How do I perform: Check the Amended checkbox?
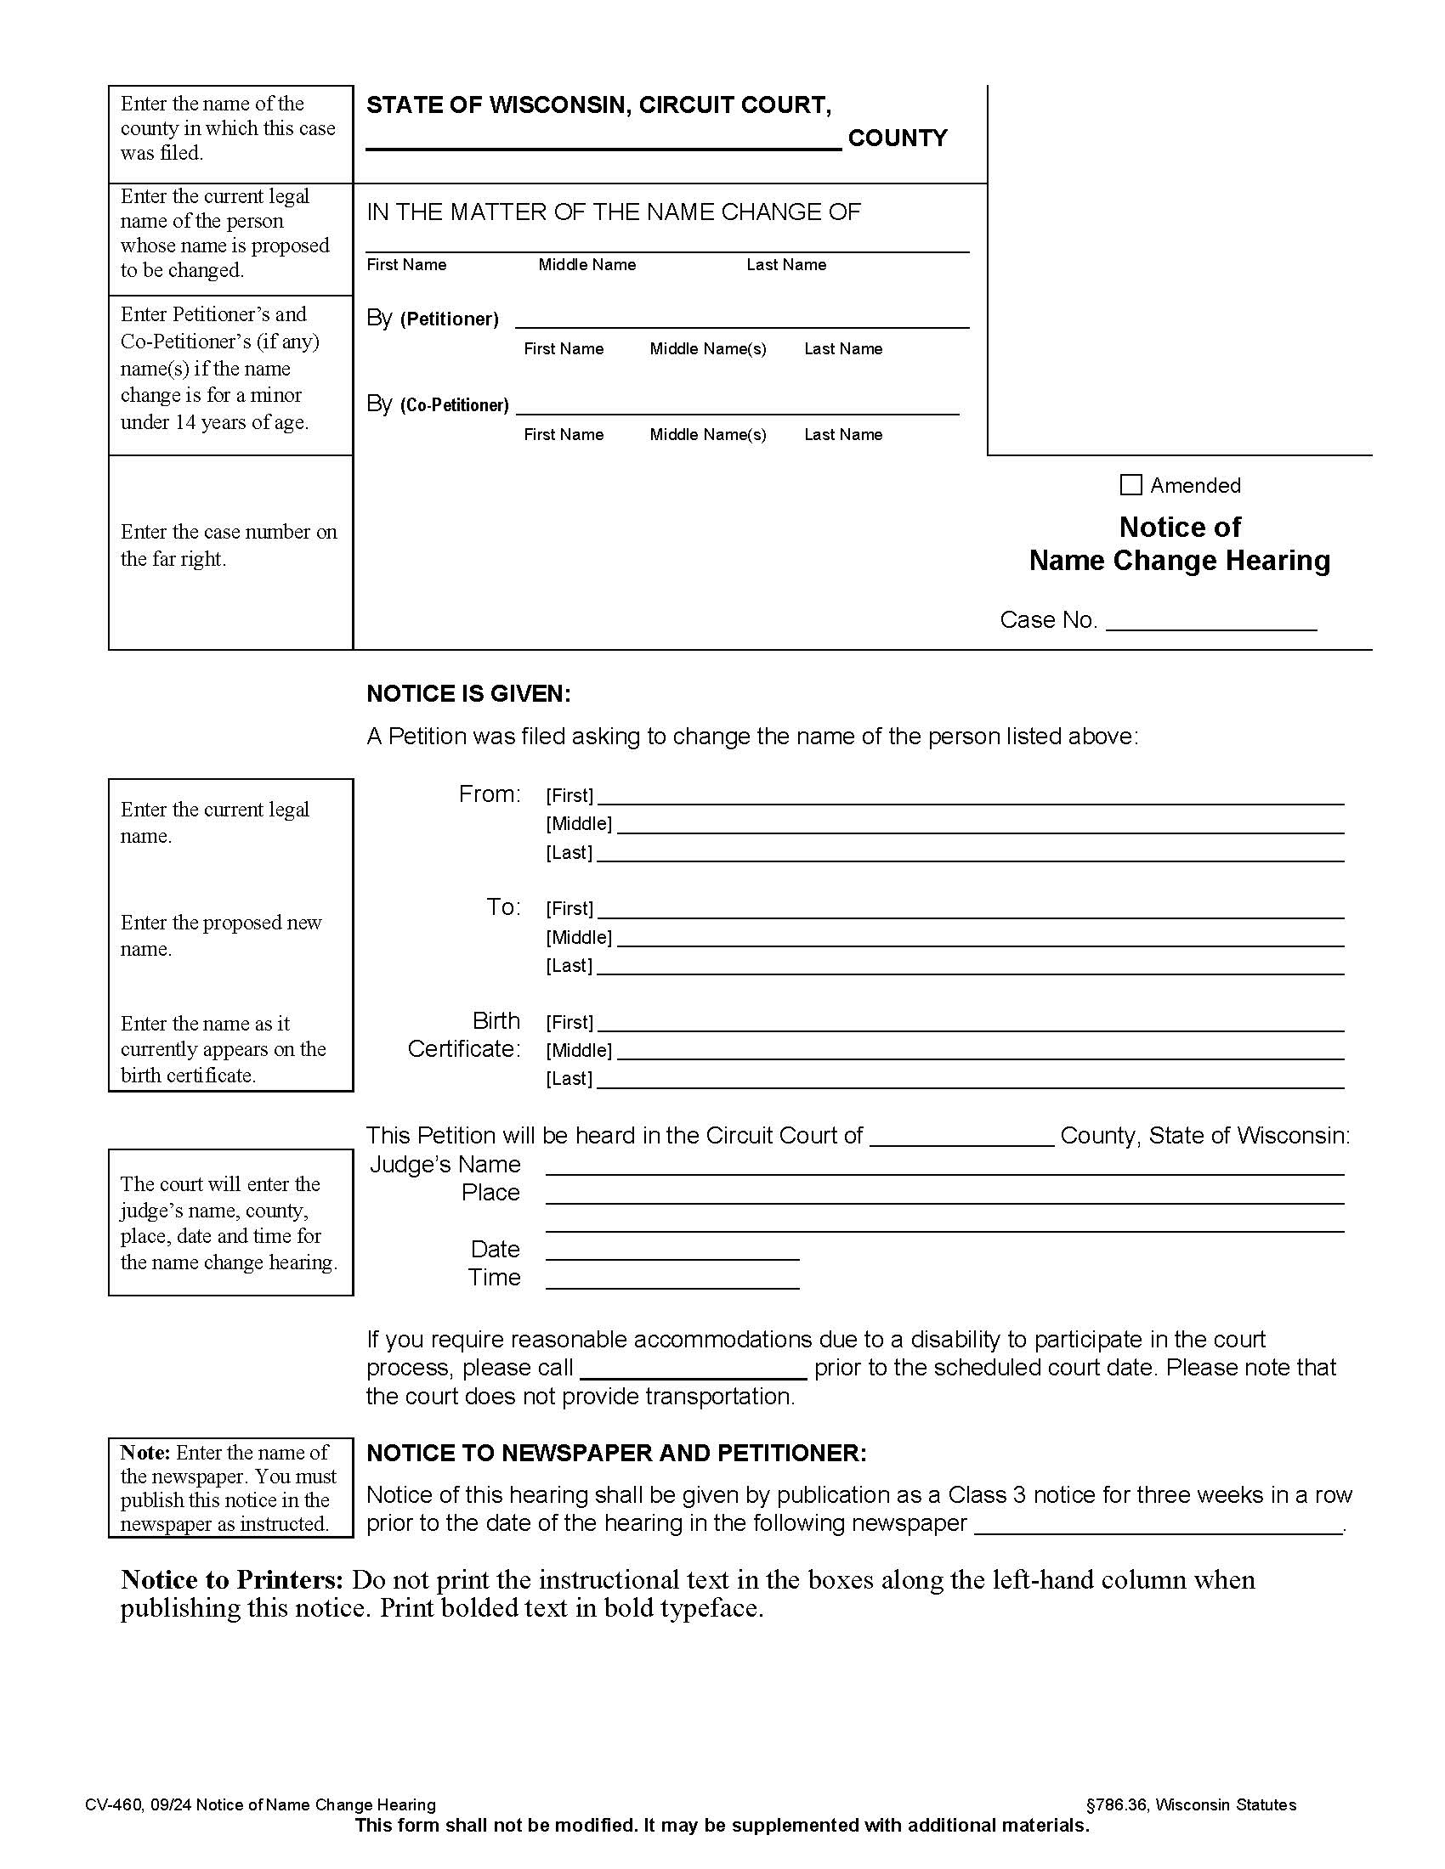coord(1130,485)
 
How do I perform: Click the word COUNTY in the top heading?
coord(897,138)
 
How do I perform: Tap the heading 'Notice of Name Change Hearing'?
coord(1180,544)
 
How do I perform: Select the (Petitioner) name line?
coord(741,319)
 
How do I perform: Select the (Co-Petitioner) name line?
coord(737,405)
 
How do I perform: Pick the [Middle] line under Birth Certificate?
coord(979,1051)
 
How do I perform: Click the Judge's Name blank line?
coord(944,1166)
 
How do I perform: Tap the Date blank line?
coord(672,1251)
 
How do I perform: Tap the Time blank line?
coord(672,1279)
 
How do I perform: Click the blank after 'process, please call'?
coord(694,1369)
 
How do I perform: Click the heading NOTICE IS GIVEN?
coord(468,694)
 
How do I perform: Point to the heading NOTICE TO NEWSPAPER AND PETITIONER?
coord(616,1454)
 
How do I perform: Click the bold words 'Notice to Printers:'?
coord(232,1581)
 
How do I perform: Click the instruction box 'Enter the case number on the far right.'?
coord(229,545)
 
